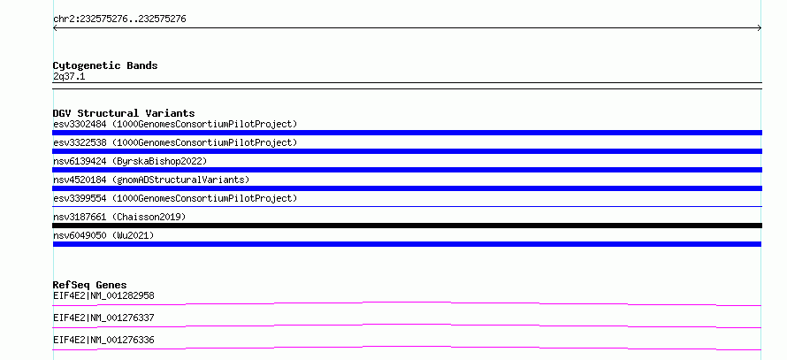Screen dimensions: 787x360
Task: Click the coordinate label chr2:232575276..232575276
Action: click(x=119, y=19)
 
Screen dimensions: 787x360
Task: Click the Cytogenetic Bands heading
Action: click(x=105, y=65)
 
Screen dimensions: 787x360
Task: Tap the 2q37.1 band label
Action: click(x=69, y=77)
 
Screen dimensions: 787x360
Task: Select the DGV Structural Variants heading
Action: click(x=124, y=113)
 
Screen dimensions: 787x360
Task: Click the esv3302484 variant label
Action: click(x=175, y=124)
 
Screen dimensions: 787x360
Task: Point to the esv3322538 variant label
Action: click(x=175, y=142)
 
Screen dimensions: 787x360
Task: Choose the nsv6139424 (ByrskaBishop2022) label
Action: click(x=130, y=161)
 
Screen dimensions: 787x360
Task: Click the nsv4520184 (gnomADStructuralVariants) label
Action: click(x=151, y=180)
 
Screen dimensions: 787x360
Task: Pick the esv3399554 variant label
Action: click(x=175, y=198)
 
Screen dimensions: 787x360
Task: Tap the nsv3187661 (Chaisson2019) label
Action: click(x=119, y=217)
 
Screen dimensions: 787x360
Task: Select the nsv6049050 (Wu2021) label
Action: click(x=103, y=235)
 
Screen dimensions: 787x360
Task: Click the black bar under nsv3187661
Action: click(x=407, y=226)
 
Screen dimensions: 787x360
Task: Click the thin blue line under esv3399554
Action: click(x=407, y=206)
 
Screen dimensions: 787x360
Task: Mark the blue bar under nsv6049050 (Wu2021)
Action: click(x=407, y=244)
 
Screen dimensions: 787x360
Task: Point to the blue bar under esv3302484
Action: click(x=407, y=133)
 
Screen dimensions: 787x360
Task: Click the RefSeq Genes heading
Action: click(x=90, y=285)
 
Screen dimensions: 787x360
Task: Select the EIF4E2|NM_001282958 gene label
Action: click(x=103, y=295)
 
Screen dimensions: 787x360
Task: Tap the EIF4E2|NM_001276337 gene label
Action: click(x=103, y=318)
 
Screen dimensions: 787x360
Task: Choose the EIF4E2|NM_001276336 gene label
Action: click(x=103, y=340)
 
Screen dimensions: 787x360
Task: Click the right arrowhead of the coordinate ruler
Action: click(x=760, y=28)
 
